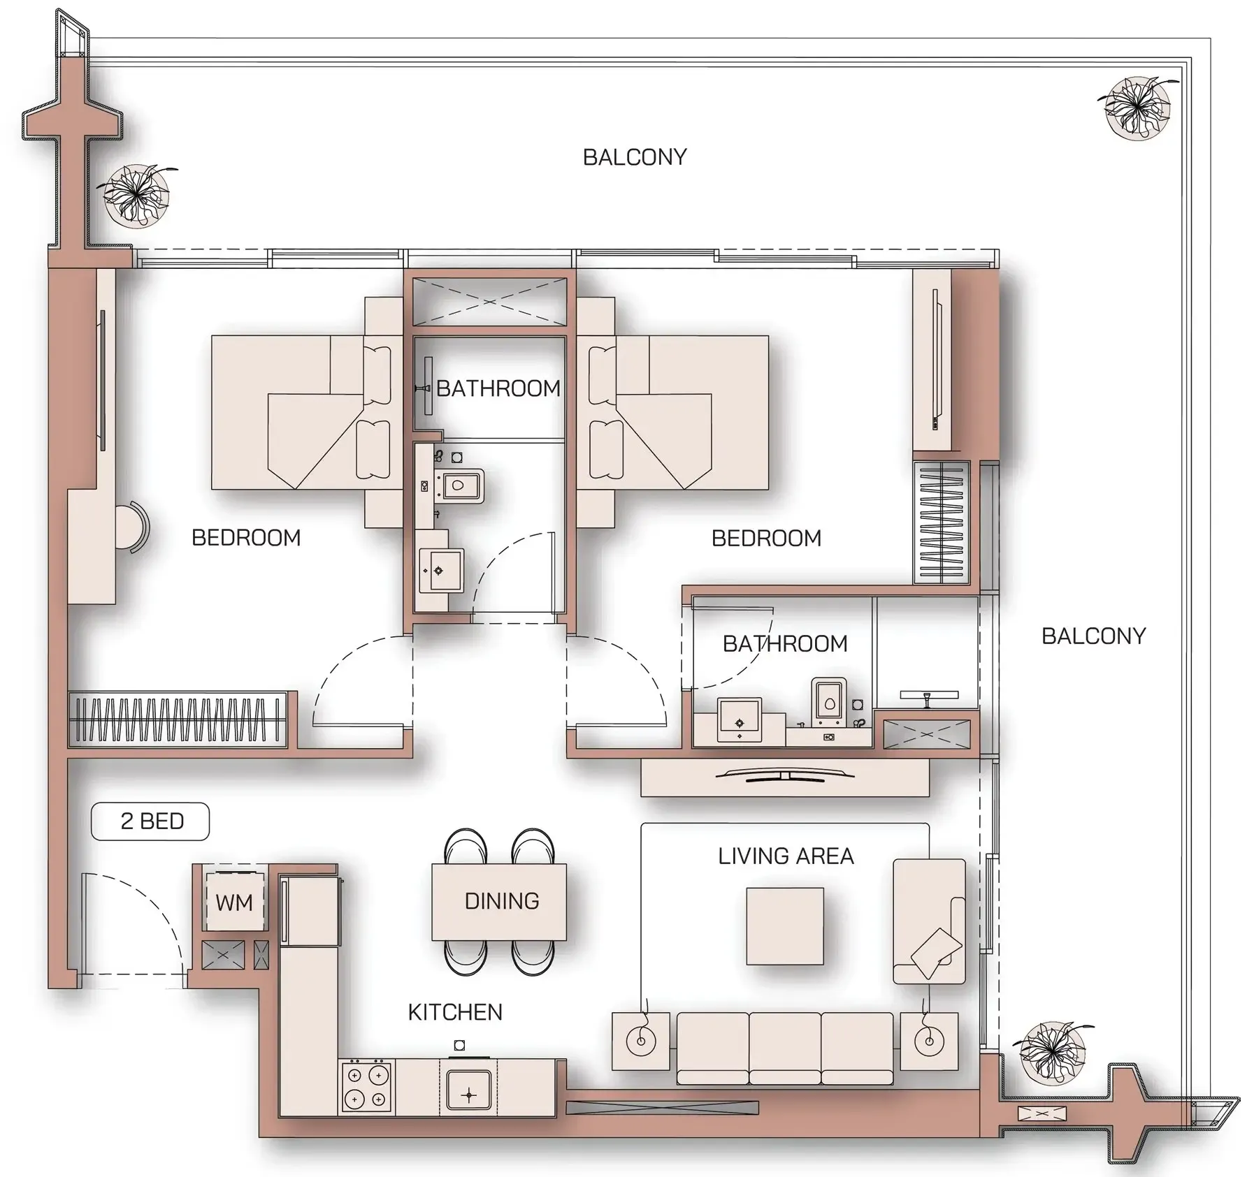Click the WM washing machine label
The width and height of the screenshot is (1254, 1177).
[x=233, y=902]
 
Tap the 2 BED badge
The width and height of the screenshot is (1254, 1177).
[x=150, y=821]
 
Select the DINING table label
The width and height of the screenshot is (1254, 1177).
[x=501, y=901]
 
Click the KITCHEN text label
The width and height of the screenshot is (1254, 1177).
[x=455, y=1012]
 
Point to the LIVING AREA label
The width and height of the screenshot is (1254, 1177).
[x=785, y=856]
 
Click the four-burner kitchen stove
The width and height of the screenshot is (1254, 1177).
[x=366, y=1086]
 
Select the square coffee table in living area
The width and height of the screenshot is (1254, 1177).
[x=784, y=926]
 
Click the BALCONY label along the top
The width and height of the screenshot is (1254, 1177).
[x=634, y=157]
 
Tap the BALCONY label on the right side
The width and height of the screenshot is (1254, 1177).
[x=1093, y=636]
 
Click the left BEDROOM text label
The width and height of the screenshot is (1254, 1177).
[x=246, y=537]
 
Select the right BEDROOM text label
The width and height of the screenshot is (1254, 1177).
[x=766, y=538]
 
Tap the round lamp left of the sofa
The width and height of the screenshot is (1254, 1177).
[x=640, y=1041]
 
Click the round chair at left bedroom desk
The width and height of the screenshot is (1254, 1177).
[x=131, y=527]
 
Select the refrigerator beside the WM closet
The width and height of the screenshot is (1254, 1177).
[x=310, y=911]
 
